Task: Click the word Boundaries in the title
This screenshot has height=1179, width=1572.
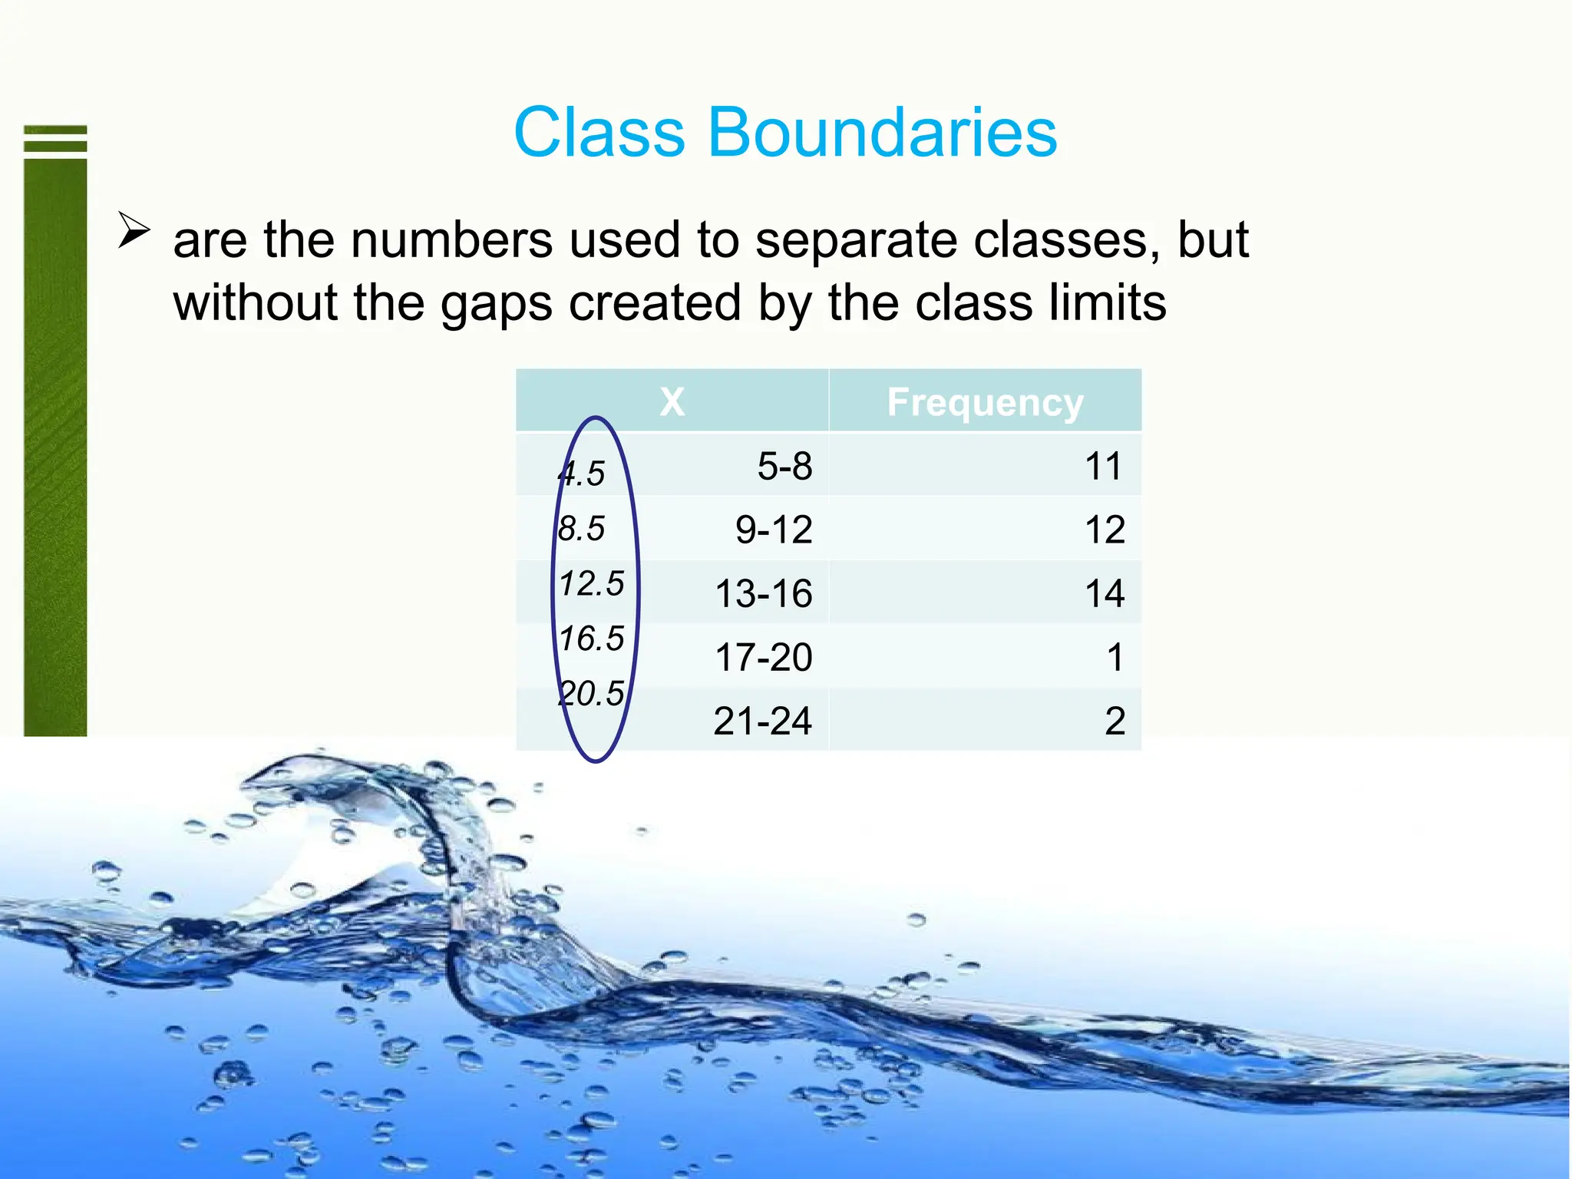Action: click(882, 133)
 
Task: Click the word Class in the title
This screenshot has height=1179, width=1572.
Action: click(599, 133)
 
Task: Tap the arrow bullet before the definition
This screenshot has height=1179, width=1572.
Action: click(134, 230)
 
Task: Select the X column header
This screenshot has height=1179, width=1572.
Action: click(672, 401)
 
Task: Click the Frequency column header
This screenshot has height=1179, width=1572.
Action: click(985, 401)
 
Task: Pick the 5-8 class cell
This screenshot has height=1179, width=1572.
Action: click(784, 466)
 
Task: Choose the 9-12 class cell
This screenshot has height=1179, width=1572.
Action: click(773, 530)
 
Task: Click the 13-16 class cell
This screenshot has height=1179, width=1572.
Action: click(763, 593)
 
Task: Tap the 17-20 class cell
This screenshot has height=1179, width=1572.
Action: click(763, 657)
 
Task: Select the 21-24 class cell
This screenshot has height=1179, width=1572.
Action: click(762, 721)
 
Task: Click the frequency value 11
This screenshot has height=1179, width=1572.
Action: click(1103, 466)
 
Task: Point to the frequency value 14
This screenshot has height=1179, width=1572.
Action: click(1105, 593)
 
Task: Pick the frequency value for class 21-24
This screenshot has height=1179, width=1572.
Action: click(1115, 721)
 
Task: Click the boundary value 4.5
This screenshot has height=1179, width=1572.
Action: click(582, 474)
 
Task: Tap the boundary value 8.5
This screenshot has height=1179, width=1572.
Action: click(581, 528)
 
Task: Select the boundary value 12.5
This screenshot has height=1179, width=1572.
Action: click(591, 583)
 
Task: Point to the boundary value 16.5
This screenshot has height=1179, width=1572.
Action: click(591, 638)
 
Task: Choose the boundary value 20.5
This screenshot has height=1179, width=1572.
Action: click(591, 693)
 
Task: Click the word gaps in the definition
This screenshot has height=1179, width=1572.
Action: click(496, 304)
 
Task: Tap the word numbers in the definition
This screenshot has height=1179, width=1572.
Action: click(451, 240)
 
